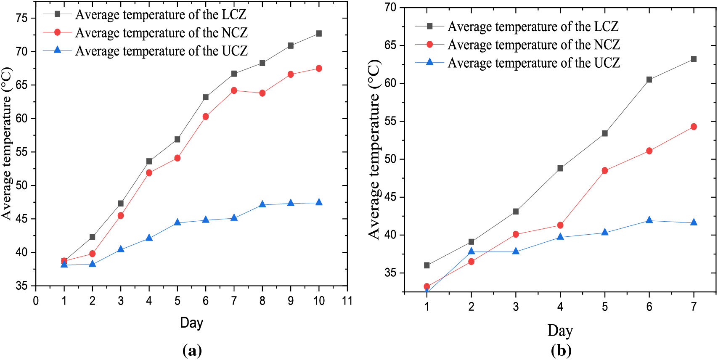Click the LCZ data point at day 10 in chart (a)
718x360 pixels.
click(x=319, y=34)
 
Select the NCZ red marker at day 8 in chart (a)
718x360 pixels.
click(x=262, y=93)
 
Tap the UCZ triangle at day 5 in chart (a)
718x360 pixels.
click(x=178, y=222)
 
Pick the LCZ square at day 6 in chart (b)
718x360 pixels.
click(x=649, y=79)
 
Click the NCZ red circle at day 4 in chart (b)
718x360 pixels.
click(x=560, y=225)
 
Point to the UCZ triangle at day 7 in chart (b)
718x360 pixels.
click(x=694, y=222)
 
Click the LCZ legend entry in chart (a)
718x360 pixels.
click(x=160, y=15)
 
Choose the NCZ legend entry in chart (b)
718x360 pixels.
click(x=533, y=45)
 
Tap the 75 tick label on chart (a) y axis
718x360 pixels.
click(x=21, y=18)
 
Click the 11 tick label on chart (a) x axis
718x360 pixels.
click(x=347, y=301)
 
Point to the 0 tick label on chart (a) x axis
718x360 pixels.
click(x=36, y=301)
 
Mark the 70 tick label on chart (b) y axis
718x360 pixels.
click(x=390, y=8)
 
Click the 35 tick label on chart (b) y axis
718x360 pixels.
click(x=390, y=273)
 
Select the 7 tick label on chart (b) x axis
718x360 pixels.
click(x=694, y=307)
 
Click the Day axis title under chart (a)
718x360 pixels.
click(x=191, y=323)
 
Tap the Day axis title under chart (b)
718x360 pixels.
click(x=560, y=331)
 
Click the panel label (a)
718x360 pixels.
click(x=192, y=350)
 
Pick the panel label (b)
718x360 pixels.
click(x=561, y=350)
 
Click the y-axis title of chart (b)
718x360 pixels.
click(x=374, y=149)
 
